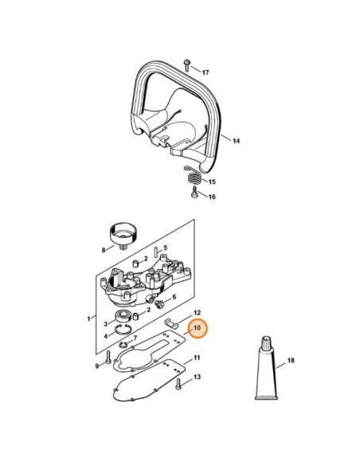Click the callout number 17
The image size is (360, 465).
[x=205, y=72]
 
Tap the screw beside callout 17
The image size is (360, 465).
[x=187, y=65]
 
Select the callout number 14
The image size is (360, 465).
[x=236, y=141]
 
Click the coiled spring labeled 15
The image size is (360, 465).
[x=194, y=176]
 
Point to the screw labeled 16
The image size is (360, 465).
[x=195, y=192]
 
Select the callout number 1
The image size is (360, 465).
[x=88, y=319]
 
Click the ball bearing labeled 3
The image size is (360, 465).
[x=122, y=316]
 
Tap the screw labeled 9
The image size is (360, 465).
[x=108, y=358]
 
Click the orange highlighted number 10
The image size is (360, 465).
[x=198, y=328]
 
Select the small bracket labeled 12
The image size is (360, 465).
[x=171, y=324]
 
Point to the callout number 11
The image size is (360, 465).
[x=197, y=358]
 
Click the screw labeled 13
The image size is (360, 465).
[x=178, y=384]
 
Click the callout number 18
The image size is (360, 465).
[x=291, y=361]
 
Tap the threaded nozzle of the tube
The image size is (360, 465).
[x=267, y=342]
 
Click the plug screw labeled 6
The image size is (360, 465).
[x=159, y=303]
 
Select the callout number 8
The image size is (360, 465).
[x=104, y=250]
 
